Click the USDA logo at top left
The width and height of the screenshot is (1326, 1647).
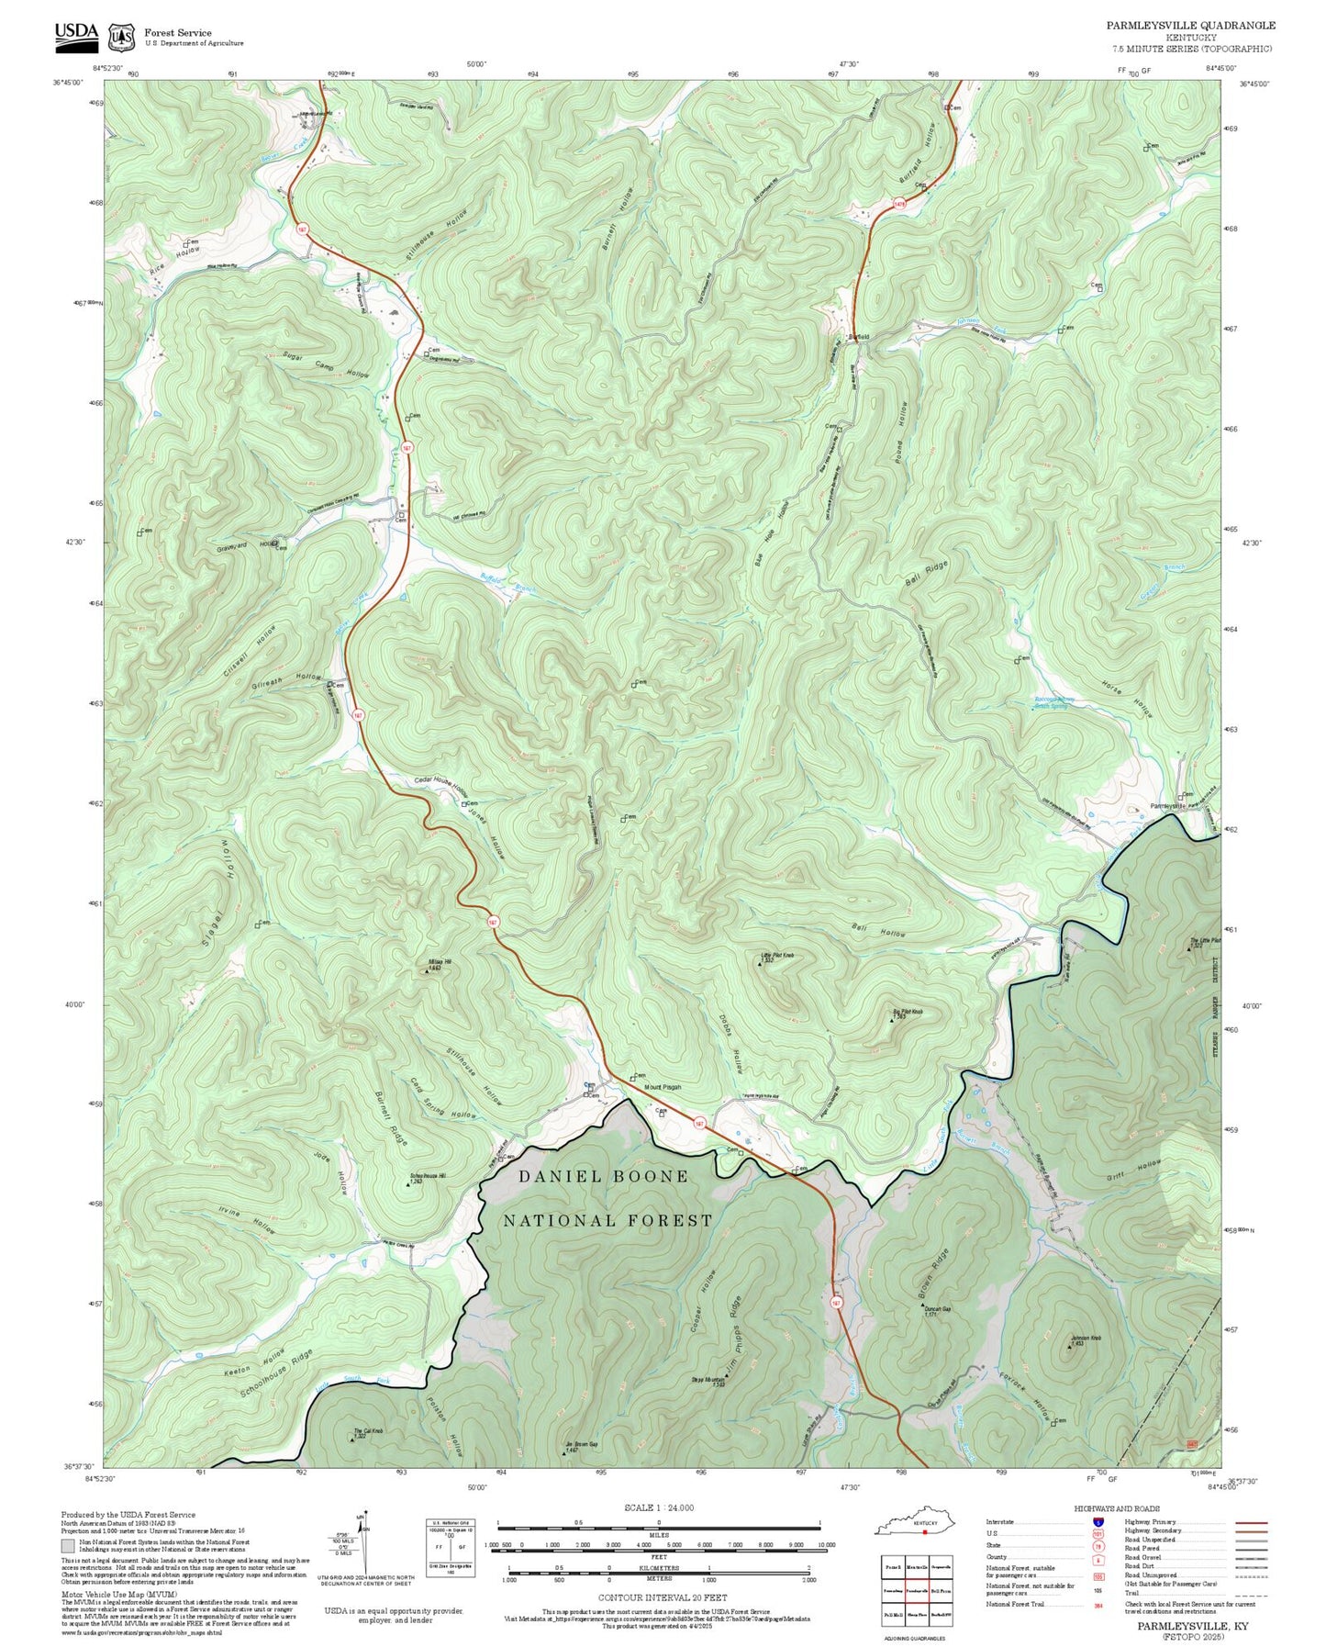click(x=75, y=34)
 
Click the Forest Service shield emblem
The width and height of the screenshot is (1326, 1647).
click(x=120, y=37)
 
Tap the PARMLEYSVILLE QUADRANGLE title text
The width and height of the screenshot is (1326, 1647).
click(x=1190, y=26)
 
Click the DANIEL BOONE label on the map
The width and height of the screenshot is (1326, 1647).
click(x=603, y=1176)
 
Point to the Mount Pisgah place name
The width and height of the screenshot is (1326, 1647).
click(x=663, y=1087)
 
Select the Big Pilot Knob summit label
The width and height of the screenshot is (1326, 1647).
click(x=908, y=1012)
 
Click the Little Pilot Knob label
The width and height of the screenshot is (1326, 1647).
click(x=777, y=956)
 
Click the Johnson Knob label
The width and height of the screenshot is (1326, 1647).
click(x=1085, y=1338)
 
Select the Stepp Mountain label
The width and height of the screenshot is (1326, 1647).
click(x=708, y=1379)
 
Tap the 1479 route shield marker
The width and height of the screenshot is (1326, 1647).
click(x=899, y=204)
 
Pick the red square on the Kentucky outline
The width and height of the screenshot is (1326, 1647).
click(x=925, y=1530)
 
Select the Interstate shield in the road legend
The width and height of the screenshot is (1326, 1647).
click(x=1098, y=1521)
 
